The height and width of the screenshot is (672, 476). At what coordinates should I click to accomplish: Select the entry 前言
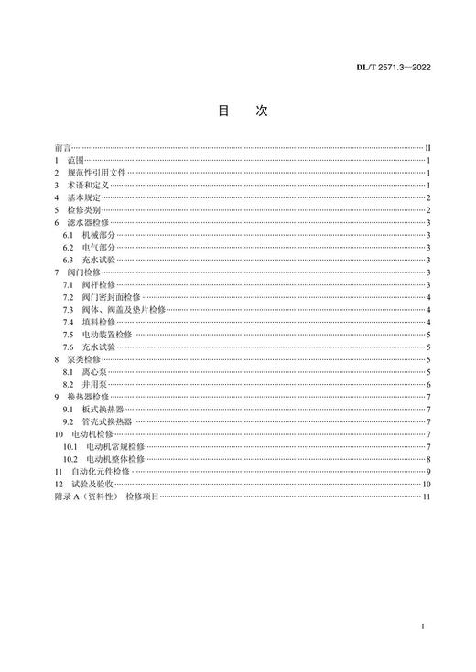click(63, 147)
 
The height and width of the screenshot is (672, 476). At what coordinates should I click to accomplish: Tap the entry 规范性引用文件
click(95, 172)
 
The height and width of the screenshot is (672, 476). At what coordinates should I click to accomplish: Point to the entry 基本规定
click(84, 197)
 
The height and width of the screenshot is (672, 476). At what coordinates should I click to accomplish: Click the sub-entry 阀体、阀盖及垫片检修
click(124, 310)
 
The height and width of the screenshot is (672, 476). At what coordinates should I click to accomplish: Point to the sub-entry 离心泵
click(95, 373)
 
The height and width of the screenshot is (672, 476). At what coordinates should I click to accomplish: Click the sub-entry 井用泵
click(95, 386)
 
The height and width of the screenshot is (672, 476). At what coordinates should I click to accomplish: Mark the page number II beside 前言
click(427, 147)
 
